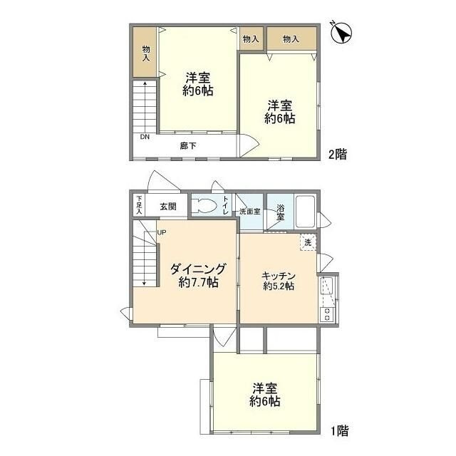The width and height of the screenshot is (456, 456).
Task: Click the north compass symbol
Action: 342,33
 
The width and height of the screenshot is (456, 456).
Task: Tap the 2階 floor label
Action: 338,154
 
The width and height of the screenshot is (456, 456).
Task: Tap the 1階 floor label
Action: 340,430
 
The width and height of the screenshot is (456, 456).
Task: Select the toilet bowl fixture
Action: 204,206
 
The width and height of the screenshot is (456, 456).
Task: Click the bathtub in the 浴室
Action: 305,212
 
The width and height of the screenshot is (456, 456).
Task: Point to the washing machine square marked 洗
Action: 308,242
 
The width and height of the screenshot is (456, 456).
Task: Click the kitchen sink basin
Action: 326,286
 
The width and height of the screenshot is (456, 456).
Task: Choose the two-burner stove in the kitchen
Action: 327,314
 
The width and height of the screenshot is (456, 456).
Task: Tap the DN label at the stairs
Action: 145,137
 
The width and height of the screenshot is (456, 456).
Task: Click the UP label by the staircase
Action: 162,232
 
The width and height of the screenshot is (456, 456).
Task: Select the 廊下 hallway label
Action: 188,145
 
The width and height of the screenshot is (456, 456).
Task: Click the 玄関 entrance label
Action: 168,207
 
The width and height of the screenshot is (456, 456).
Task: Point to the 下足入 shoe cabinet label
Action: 140,205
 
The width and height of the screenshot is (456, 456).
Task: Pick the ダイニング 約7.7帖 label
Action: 198,275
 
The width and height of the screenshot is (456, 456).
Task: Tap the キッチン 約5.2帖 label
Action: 279,281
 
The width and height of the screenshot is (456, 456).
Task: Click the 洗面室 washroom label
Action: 250,212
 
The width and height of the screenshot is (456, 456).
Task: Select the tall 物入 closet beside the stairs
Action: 145,52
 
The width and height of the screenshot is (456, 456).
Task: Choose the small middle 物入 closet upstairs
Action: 251,38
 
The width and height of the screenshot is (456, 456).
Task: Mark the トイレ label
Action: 226,205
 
